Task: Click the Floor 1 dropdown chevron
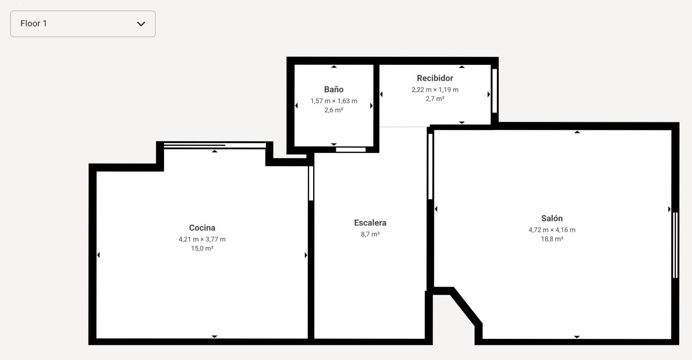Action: [x=141, y=24]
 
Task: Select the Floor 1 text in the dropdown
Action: [x=34, y=23]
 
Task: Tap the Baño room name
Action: [x=333, y=89]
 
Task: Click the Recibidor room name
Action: [x=435, y=78]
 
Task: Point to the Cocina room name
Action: [x=202, y=228]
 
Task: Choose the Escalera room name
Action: [x=370, y=223]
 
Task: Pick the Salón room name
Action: [x=552, y=218]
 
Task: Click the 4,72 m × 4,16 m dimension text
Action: [x=552, y=230]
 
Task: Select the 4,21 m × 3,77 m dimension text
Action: [x=202, y=239]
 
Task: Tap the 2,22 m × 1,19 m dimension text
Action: [x=435, y=90]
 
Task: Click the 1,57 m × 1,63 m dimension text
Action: [x=333, y=101]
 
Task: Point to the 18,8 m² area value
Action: [x=552, y=239]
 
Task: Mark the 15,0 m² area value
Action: [x=202, y=248]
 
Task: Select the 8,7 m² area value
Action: [x=370, y=234]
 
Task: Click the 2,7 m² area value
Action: [x=435, y=99]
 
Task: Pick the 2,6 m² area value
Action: [x=333, y=110]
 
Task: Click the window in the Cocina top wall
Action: [x=215, y=145]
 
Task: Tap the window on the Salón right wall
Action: [x=675, y=245]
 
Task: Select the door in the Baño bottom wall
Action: [x=351, y=150]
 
